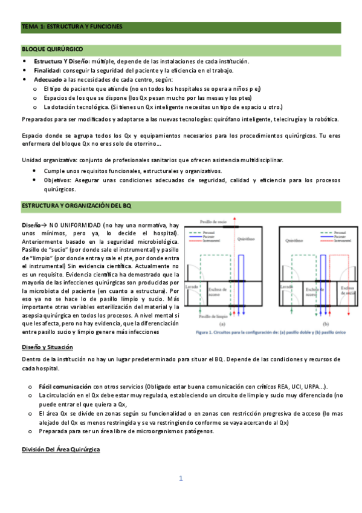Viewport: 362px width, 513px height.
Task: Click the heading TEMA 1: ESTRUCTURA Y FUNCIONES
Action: (x=72, y=27)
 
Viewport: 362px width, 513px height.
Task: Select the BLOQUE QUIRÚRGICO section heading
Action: (x=53, y=48)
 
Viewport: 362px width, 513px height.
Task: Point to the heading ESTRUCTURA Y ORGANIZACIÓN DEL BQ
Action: (x=76, y=206)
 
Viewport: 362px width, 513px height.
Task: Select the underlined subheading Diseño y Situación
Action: (x=47, y=347)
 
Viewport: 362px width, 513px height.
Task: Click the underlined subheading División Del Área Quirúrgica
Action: (x=61, y=450)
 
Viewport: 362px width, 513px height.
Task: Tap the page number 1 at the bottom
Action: (x=180, y=479)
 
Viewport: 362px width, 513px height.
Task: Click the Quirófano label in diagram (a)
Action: (x=245, y=239)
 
